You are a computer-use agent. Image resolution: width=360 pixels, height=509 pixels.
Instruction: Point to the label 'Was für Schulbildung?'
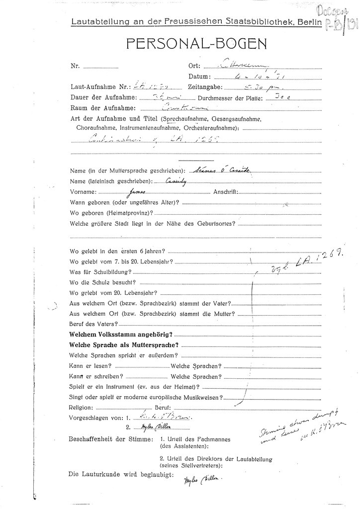100,272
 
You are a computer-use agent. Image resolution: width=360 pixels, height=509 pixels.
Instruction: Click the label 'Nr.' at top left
75,66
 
